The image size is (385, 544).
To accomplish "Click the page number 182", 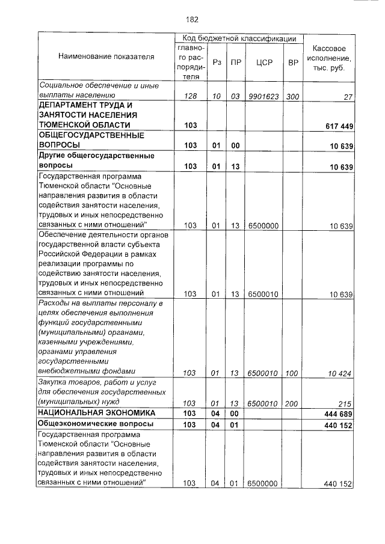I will (192, 19).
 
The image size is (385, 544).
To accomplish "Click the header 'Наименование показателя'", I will (106, 57).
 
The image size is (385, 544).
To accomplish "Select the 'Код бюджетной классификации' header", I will (239, 38).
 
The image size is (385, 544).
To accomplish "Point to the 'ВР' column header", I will (293, 62).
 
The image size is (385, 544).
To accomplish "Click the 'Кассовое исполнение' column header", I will (329, 57).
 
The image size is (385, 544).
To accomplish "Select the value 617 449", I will (339, 126).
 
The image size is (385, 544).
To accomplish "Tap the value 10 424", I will (340, 373).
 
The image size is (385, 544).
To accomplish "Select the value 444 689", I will (339, 414).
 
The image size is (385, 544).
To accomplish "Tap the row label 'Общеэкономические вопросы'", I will (95, 424).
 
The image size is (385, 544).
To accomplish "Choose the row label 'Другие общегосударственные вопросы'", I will (96, 160).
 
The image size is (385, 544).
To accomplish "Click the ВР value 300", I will (293, 96).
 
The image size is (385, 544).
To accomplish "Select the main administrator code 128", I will (191, 96).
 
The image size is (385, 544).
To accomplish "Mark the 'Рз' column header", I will (217, 62).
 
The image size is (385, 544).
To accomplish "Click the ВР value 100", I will (292, 373).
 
